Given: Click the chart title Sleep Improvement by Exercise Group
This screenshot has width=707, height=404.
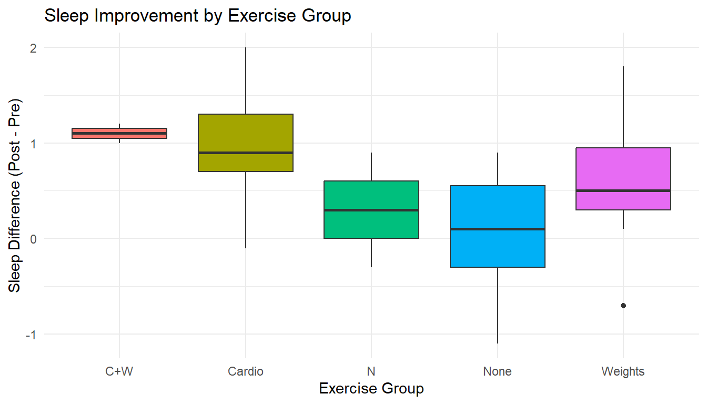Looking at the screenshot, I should [197, 16].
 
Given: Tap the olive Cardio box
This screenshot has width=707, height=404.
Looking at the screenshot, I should [245, 132].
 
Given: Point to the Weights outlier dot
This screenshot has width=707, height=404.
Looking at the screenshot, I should [623, 306].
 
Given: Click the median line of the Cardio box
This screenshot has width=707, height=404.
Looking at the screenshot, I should [245, 153].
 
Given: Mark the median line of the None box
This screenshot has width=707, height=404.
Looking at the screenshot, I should [497, 229].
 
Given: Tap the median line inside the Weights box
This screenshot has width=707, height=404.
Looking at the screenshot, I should [623, 190].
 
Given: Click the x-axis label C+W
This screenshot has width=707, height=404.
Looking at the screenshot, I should [119, 371].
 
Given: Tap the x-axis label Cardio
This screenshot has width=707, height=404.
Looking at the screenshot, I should [245, 371].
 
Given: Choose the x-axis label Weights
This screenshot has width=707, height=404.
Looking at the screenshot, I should [623, 371].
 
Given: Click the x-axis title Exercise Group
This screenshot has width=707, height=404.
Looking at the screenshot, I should [371, 389].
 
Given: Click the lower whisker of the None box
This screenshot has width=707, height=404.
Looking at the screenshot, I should [497, 305].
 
